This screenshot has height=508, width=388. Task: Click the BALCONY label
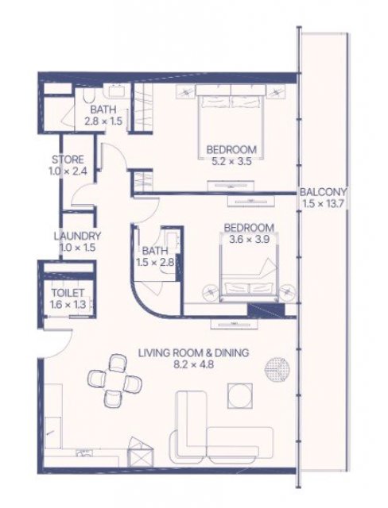point(323,192)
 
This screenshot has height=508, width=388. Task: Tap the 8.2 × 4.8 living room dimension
point(194,364)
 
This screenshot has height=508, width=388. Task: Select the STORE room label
point(68,160)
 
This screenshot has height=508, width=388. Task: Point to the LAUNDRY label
point(77,236)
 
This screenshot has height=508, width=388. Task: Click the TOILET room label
point(68,293)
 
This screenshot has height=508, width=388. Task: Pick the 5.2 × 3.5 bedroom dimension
point(231,161)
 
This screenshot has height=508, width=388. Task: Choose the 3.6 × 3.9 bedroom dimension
point(249,240)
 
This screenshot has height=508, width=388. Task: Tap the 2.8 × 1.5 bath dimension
point(103,121)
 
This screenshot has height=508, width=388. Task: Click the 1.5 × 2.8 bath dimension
point(155,262)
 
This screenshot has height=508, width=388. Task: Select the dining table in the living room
point(114,380)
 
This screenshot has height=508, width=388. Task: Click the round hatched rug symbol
point(276,368)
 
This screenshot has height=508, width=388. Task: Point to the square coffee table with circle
point(240,395)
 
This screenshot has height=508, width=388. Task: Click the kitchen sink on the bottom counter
point(83,452)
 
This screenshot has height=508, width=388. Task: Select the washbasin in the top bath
point(114,90)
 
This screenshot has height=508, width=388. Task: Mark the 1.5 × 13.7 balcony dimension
point(323,204)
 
